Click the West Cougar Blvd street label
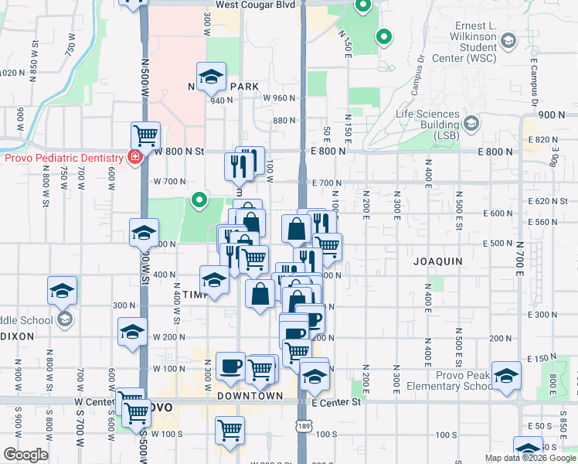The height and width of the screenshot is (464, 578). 256,5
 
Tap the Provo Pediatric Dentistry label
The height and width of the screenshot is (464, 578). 64,158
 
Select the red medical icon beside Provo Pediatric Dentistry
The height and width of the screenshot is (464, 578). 135,158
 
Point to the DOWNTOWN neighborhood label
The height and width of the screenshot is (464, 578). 250,396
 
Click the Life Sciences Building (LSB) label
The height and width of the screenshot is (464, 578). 427,124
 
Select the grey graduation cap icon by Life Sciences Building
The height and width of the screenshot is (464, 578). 471,121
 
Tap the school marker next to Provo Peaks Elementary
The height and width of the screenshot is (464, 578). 507,376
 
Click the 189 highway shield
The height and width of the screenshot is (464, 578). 304,427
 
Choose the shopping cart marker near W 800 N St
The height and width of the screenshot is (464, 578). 145,135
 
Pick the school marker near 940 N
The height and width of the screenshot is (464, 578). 210,76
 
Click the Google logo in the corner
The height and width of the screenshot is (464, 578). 25,455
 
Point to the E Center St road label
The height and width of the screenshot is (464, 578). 337,402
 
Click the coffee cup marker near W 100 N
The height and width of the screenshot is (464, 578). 230,366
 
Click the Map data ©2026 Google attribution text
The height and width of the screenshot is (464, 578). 530,458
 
